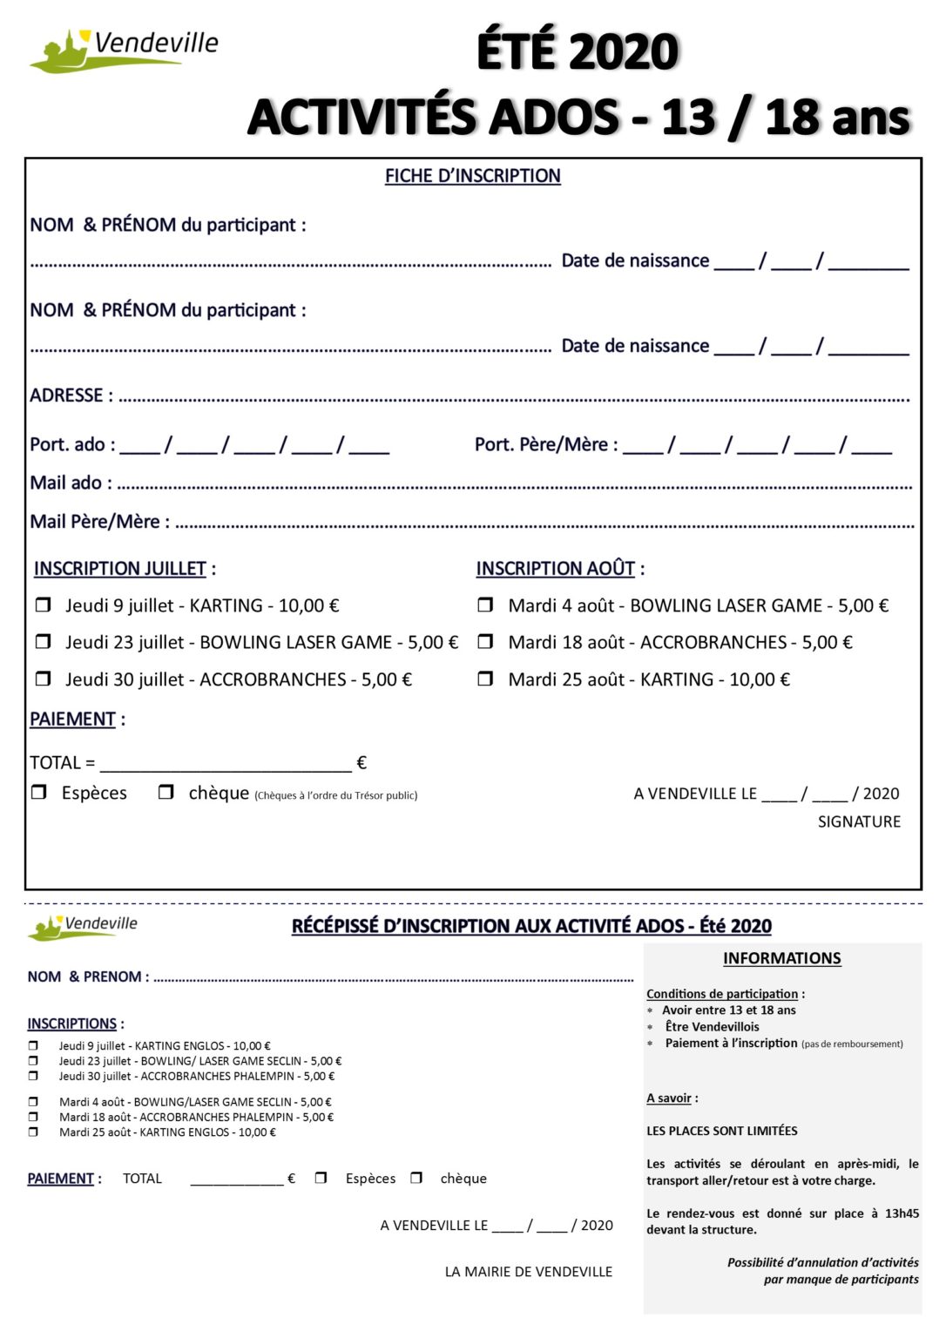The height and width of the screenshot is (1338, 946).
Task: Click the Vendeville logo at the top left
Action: [122, 50]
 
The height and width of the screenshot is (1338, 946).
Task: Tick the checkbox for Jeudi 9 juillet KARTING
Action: [43, 605]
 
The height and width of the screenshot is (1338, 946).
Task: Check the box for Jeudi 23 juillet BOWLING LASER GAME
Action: [43, 641]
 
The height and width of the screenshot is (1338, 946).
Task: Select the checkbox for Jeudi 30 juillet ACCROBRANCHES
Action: [43, 678]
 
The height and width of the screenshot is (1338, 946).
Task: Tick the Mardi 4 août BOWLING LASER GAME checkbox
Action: [485, 605]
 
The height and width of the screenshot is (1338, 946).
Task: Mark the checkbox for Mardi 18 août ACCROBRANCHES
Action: [485, 641]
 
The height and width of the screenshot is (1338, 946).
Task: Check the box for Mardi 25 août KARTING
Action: [485, 678]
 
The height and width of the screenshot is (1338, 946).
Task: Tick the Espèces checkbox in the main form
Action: [39, 792]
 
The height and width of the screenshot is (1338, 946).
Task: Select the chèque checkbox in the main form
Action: [166, 792]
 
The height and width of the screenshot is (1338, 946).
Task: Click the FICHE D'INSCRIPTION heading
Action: [472, 176]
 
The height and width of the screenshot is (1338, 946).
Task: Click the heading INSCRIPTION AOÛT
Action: [555, 568]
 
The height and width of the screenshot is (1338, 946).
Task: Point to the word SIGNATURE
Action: [858, 821]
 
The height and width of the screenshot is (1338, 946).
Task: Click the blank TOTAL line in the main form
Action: [226, 765]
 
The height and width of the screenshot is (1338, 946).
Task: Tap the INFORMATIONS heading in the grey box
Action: [781, 958]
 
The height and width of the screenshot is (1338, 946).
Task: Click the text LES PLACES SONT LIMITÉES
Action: [721, 1131]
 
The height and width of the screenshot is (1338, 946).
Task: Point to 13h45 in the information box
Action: [902, 1213]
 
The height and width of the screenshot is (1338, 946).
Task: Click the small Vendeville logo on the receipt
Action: [83, 926]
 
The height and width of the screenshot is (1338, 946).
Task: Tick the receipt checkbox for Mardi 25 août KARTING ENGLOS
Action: [33, 1132]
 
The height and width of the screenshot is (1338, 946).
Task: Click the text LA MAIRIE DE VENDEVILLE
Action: [528, 1272]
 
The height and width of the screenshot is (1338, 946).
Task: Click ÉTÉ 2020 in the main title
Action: [577, 52]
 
